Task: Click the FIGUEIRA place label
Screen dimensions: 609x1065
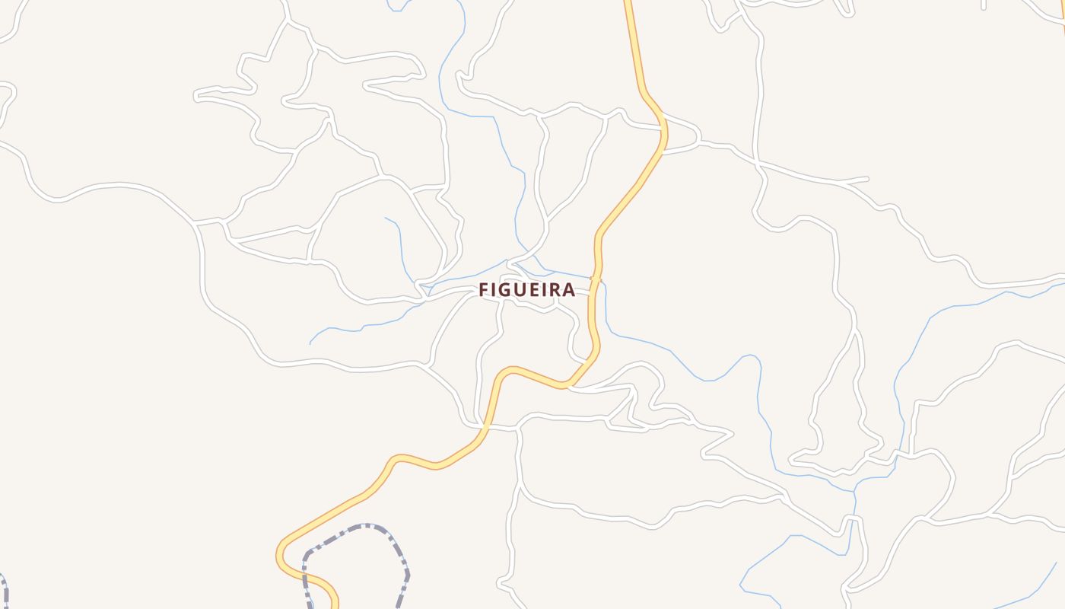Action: [526, 290]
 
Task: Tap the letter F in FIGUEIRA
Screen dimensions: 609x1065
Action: [483, 290]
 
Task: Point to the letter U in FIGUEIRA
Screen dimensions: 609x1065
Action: [521, 290]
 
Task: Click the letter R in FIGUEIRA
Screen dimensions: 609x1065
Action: [555, 290]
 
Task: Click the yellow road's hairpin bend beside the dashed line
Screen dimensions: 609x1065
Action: [280, 554]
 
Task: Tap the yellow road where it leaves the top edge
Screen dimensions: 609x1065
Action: [628, 3]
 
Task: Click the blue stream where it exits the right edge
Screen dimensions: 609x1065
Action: [1061, 284]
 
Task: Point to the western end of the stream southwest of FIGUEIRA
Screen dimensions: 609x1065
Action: [310, 343]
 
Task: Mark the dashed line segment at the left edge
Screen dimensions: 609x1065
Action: [4, 590]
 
